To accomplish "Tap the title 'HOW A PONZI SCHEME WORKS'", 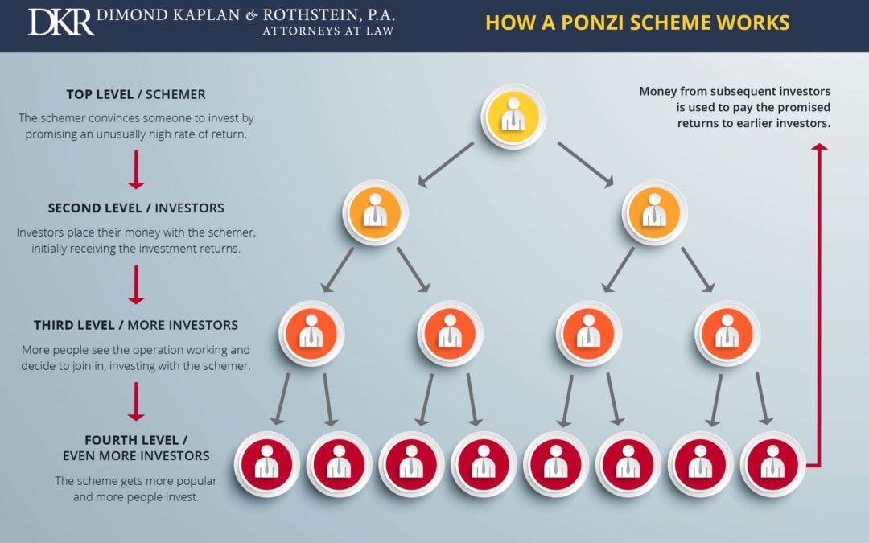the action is coord(637,22).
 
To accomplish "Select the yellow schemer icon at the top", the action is coord(513,116).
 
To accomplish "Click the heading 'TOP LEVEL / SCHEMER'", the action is coord(137,94).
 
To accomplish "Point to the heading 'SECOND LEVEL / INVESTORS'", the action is coord(136,208).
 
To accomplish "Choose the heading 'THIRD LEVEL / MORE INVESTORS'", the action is coord(136,325).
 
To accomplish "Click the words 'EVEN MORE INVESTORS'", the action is coord(136,455).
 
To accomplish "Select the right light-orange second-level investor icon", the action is coord(653,212).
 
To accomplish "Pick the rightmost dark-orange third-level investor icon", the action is coord(727,333).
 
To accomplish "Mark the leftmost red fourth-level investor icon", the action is coord(267,464).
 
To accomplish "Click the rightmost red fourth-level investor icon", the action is coord(772,464).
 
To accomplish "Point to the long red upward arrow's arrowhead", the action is coord(819,149).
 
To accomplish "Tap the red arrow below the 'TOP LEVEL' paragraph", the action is coord(136,169).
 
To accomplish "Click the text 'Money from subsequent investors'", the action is coord(735,91).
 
